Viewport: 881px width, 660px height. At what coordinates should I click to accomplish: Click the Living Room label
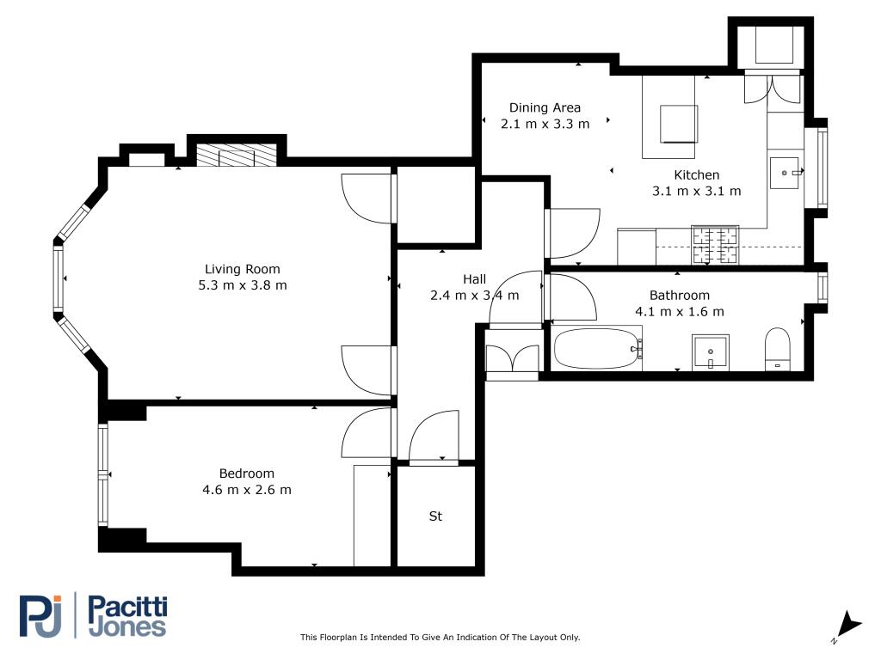(x=242, y=269)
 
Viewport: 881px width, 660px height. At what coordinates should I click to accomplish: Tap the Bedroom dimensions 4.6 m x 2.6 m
(x=247, y=490)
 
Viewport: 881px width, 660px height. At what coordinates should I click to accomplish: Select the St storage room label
(x=435, y=516)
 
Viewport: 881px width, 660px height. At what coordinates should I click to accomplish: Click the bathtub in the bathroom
(x=598, y=349)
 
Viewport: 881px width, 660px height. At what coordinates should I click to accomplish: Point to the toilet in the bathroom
(x=778, y=349)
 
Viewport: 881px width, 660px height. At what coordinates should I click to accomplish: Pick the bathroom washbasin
(x=711, y=353)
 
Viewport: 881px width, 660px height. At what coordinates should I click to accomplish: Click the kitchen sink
(x=785, y=173)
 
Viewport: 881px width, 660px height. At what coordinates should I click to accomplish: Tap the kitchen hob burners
(x=715, y=246)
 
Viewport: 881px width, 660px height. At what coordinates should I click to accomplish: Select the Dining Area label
(x=545, y=107)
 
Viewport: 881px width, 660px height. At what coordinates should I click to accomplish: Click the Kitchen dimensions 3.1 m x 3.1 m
(x=697, y=192)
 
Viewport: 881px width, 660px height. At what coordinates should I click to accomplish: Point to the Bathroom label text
(x=680, y=296)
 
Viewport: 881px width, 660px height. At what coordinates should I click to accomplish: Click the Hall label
(x=475, y=279)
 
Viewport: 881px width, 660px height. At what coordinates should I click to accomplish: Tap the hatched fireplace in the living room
(x=237, y=156)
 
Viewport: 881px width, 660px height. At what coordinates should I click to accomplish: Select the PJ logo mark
(x=40, y=615)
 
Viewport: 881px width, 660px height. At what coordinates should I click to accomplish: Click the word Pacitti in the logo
(x=128, y=608)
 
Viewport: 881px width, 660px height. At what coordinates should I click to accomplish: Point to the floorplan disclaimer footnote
(x=440, y=637)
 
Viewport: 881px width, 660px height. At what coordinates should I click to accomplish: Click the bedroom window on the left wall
(x=103, y=474)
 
